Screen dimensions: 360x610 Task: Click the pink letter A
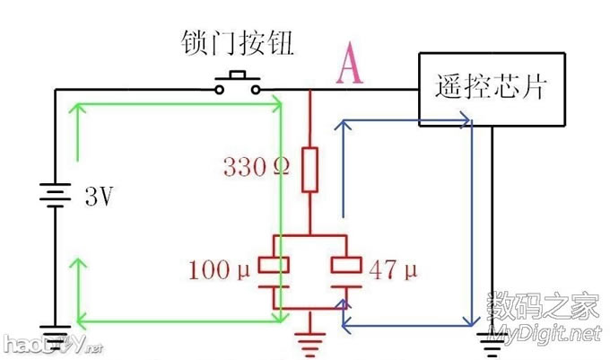[350, 66]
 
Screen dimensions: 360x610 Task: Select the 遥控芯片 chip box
[491, 87]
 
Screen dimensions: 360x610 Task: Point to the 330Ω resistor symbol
[309, 171]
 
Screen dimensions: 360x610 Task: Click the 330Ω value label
[256, 167]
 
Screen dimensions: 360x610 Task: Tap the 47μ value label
[392, 267]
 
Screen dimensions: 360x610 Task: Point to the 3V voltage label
[98, 196]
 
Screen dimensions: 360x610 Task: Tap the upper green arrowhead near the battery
[80, 107]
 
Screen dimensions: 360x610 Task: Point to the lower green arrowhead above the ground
[80, 262]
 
